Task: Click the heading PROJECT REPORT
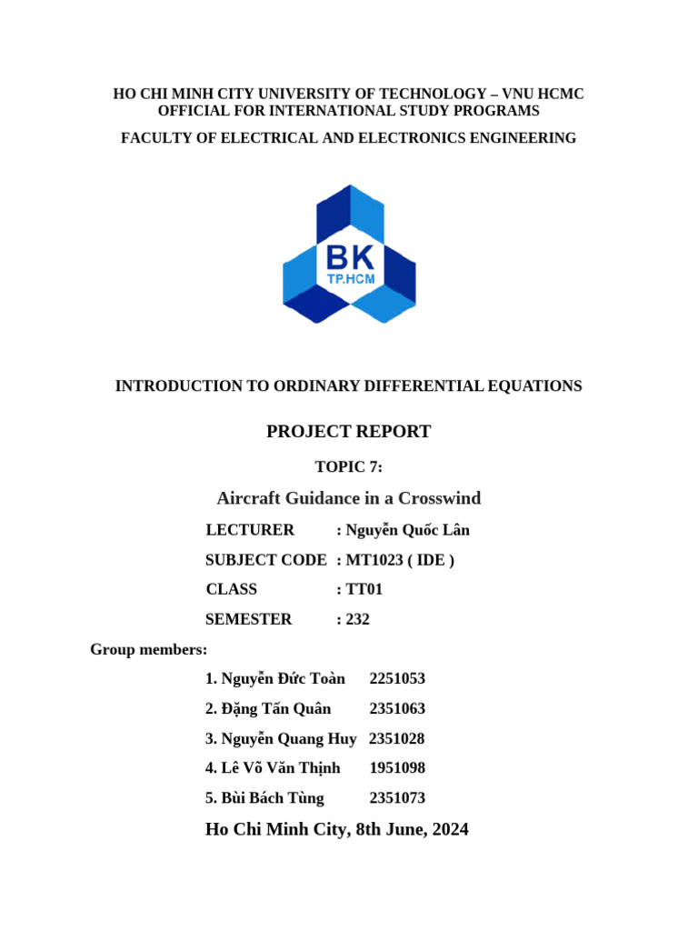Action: (x=348, y=432)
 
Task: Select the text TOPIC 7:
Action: (x=348, y=467)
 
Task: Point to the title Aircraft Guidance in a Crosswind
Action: (x=348, y=498)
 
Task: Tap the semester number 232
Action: (x=358, y=619)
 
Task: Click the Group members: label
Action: (x=148, y=649)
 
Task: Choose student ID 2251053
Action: (x=397, y=678)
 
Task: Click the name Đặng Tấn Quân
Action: (x=275, y=708)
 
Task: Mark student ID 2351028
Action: (x=396, y=738)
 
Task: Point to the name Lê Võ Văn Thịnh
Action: (x=280, y=768)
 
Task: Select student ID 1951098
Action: (x=397, y=768)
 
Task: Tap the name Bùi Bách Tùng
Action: (x=272, y=798)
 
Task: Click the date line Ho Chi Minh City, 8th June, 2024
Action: (x=337, y=829)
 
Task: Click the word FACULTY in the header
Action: (x=155, y=138)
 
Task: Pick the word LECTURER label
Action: (x=250, y=530)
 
